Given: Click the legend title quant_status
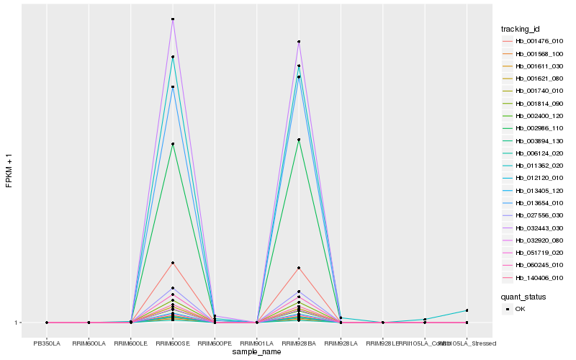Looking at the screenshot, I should [523, 296].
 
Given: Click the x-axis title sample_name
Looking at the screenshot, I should [257, 351].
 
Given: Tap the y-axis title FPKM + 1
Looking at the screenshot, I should [9, 171].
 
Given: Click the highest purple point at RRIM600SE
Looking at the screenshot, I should [173, 19].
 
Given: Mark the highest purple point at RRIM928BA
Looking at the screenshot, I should [299, 42].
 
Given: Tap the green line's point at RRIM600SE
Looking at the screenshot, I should [173, 144].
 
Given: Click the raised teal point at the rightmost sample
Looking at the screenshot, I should [467, 310].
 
